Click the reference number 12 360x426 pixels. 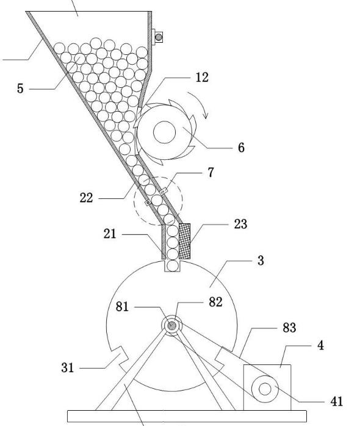(202, 78)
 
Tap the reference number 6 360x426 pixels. (241, 148)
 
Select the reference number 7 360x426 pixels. (211, 173)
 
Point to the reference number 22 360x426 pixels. (87, 198)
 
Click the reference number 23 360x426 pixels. (241, 224)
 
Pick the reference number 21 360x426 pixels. (110, 234)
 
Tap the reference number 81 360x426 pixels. (122, 307)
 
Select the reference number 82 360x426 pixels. (215, 302)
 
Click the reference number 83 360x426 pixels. (289, 328)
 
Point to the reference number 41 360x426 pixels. (337, 402)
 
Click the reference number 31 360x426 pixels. (67, 368)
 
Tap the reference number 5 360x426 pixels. (20, 88)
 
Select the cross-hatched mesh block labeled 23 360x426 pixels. (184, 241)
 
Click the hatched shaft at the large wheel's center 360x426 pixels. (171, 325)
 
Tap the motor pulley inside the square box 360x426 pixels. (265, 389)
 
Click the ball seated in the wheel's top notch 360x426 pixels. (173, 265)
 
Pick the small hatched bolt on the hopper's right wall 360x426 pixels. (159, 37)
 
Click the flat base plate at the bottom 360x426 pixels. (187, 416)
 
